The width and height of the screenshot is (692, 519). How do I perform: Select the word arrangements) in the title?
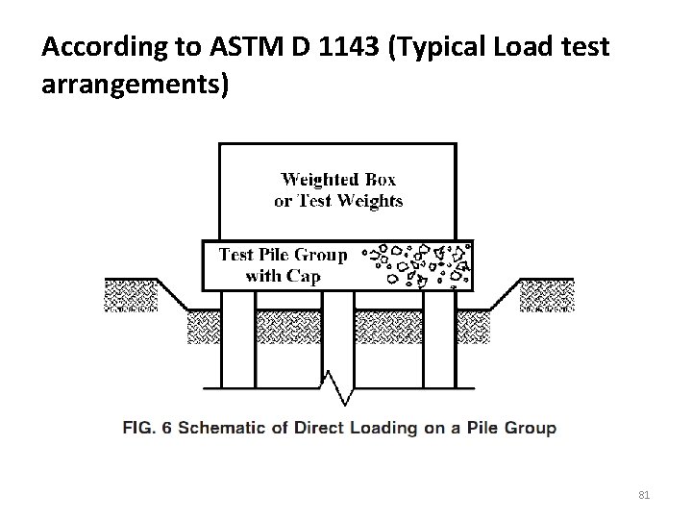pyautogui.click(x=136, y=85)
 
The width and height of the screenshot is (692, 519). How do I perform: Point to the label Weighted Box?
pyautogui.click(x=337, y=180)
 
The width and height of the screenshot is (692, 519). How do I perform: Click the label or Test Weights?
pyautogui.click(x=338, y=201)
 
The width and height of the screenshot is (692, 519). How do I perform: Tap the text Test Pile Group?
pyautogui.click(x=283, y=255)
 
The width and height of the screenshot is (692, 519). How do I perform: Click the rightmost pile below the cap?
pyautogui.click(x=436, y=336)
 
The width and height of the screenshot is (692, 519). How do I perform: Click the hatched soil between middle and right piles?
pyautogui.click(x=388, y=328)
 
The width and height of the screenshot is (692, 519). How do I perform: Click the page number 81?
pyautogui.click(x=645, y=495)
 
